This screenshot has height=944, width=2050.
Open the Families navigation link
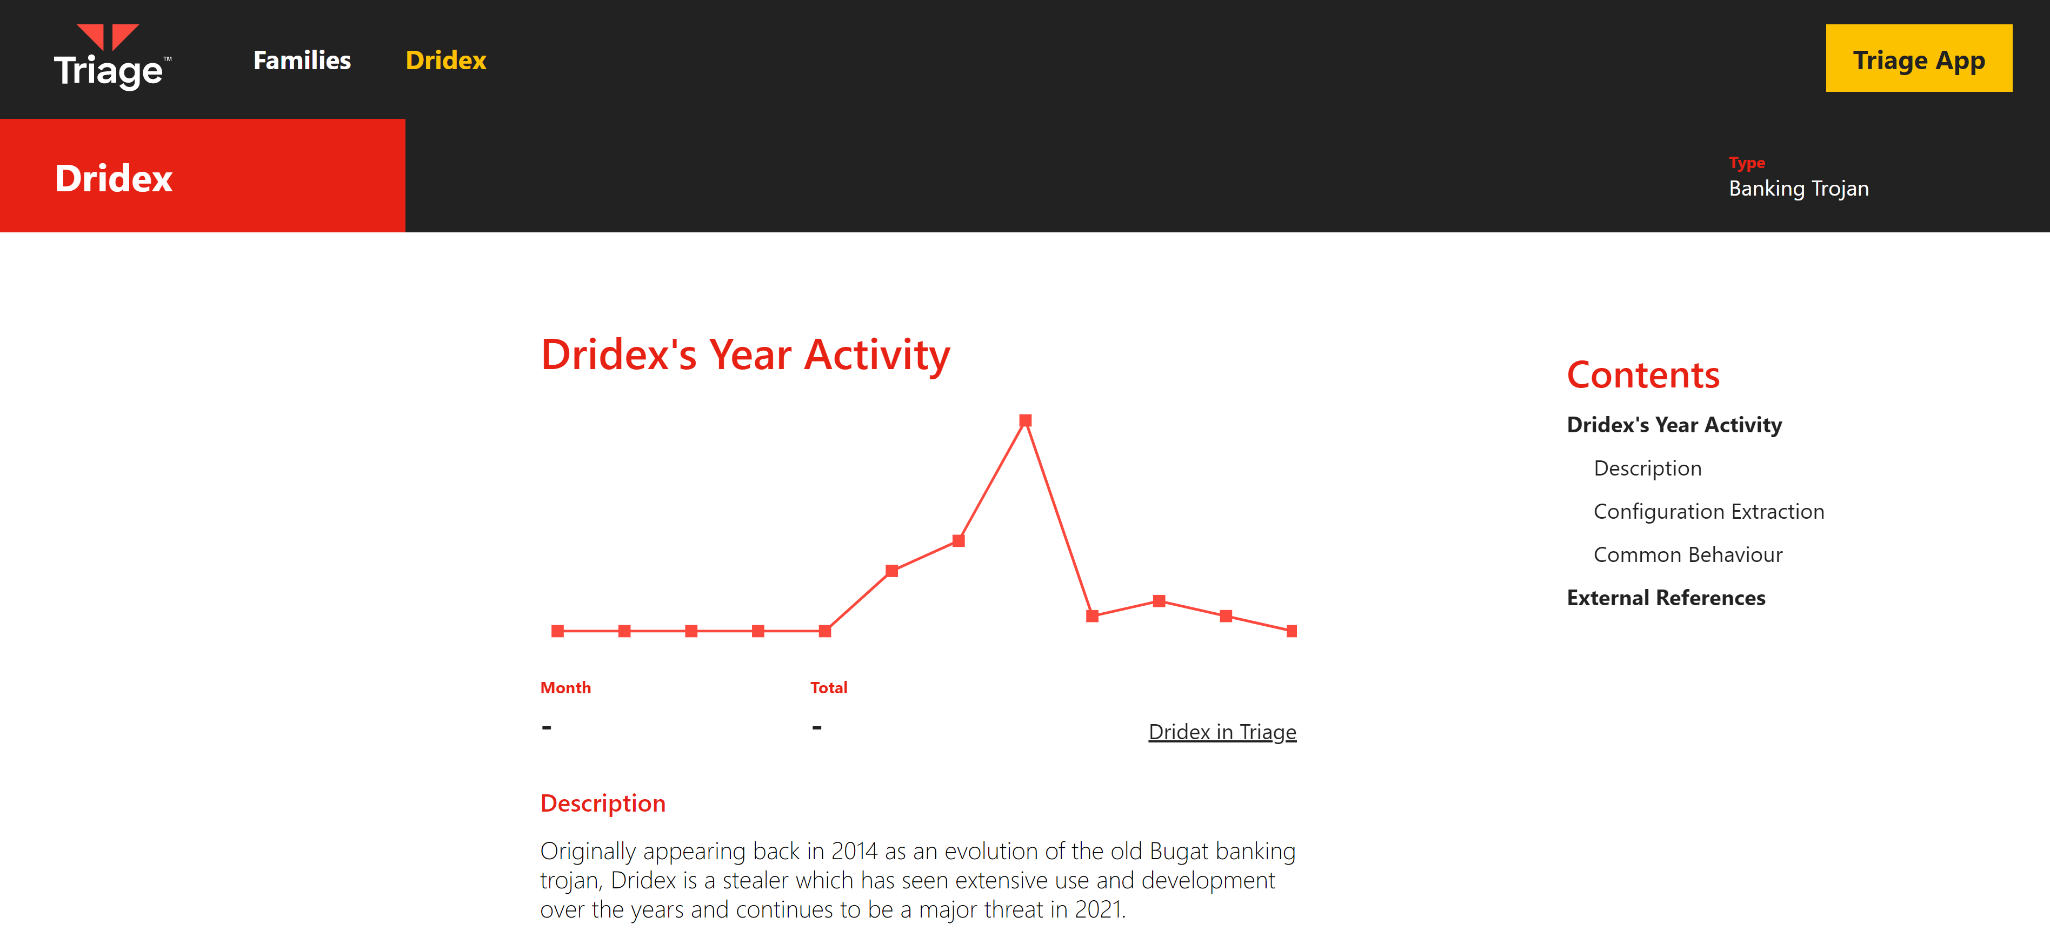302,61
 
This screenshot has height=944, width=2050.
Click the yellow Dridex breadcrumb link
445,61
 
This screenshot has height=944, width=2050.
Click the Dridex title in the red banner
114,178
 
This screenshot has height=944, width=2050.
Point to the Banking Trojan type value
1799,189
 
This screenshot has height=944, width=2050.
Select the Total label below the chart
828,687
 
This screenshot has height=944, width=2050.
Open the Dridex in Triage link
1222,732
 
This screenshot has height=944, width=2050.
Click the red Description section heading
602,803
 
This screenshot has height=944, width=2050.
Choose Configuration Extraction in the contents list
1708,511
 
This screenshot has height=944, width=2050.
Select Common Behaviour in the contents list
1688,554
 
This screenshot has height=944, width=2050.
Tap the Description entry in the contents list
1647,468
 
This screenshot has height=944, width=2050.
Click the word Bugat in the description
1179,851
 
